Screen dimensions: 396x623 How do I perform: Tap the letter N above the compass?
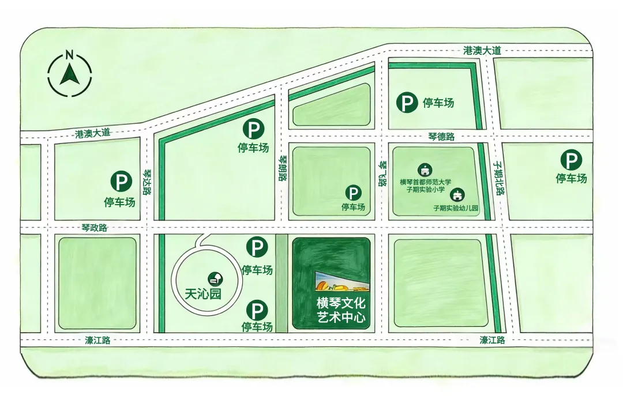69,55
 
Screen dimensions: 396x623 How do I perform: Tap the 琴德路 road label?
441,137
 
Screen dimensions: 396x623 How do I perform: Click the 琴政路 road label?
95,228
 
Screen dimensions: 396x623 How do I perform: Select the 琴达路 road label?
147,182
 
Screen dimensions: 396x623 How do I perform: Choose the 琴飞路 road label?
381,174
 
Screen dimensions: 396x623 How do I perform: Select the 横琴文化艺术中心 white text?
341,310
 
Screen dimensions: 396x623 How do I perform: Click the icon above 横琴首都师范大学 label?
425,169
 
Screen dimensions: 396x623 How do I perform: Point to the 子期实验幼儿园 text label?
456,208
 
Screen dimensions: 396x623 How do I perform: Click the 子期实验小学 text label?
425,190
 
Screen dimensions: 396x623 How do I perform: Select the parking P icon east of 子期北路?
571,160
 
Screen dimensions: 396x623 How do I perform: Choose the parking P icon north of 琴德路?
407,103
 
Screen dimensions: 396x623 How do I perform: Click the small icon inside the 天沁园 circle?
216,280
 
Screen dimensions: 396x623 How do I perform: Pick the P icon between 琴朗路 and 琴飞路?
353,193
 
